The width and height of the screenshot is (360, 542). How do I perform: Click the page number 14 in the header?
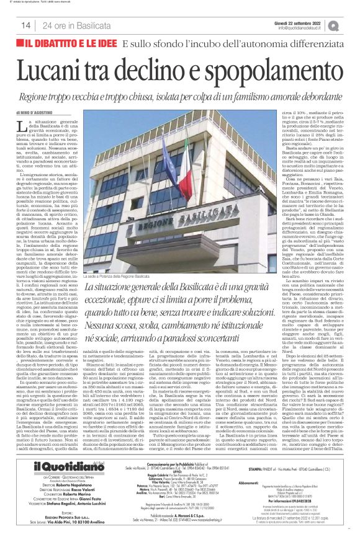pyautogui.click(x=26, y=25)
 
